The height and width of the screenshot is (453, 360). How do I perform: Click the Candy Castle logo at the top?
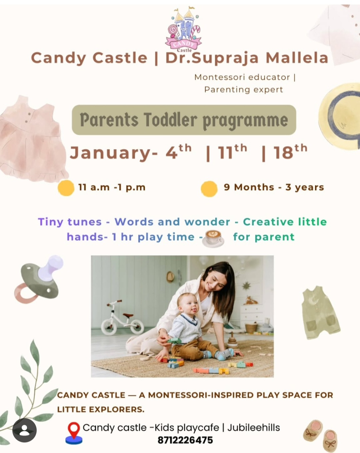pos(184,30)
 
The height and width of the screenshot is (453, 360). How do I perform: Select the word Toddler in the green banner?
pos(170,120)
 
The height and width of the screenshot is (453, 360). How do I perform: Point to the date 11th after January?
pos(232,152)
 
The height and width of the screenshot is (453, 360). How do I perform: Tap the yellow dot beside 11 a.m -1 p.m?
pos(66,188)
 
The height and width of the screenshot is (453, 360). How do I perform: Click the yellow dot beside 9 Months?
pos(209,188)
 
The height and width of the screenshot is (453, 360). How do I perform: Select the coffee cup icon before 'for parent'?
pos(213,238)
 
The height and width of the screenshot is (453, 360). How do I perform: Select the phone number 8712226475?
pos(185,440)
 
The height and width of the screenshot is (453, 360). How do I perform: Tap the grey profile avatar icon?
pos(24,430)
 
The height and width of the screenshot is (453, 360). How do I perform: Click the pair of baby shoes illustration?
pos(321,435)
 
